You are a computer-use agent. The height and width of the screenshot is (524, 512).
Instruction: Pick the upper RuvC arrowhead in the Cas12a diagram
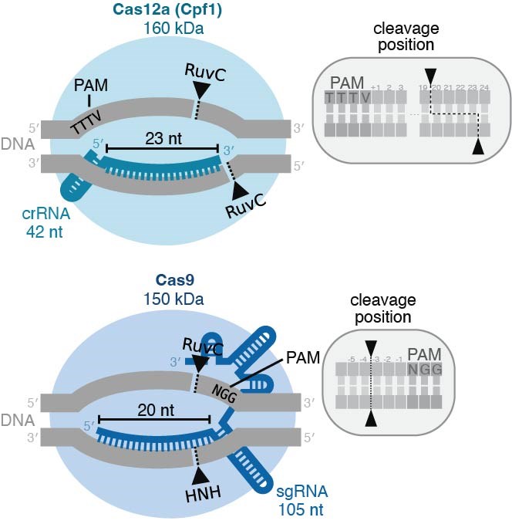[202, 91]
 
